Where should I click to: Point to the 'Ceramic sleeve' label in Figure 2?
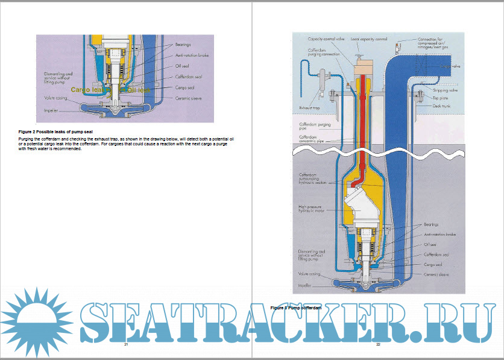click(x=187, y=98)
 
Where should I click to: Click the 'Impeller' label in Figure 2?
click(x=51, y=111)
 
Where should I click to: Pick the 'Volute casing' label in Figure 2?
click(x=55, y=98)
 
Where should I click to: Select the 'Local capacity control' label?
click(x=368, y=39)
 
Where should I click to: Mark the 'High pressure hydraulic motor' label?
click(x=312, y=209)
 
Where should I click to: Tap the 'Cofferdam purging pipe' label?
click(x=315, y=126)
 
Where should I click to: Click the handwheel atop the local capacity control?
click(x=365, y=55)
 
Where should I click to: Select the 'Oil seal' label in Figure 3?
click(x=430, y=245)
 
